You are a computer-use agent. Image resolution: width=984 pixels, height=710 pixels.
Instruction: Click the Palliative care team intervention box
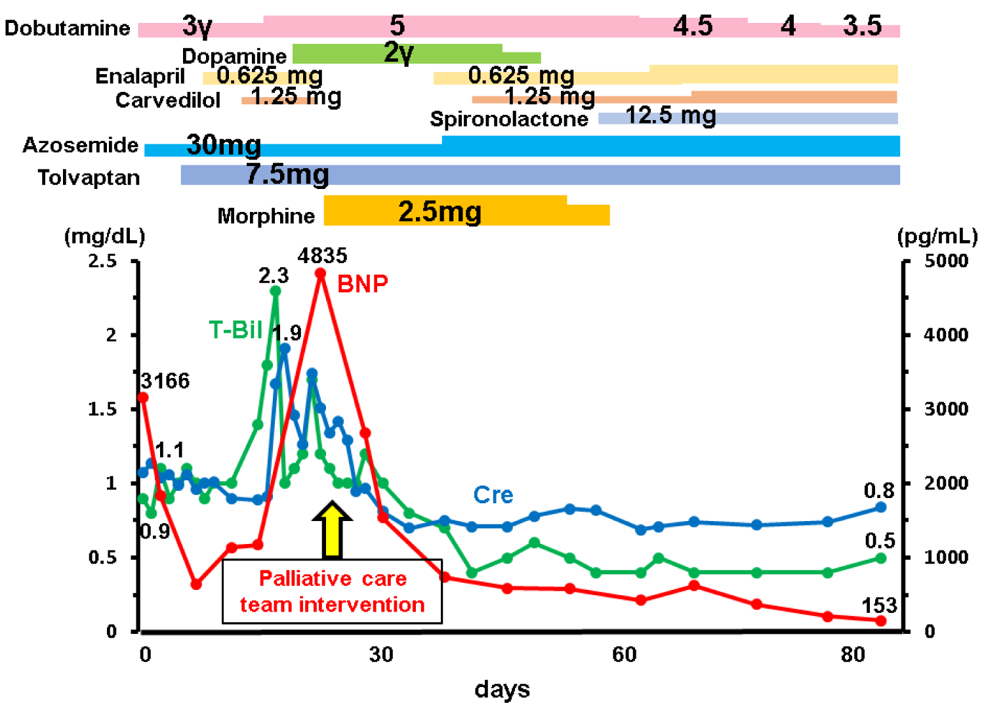[332, 591]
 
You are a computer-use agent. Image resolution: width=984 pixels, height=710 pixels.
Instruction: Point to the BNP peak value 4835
[322, 255]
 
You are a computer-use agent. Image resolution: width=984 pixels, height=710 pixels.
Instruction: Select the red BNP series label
[363, 283]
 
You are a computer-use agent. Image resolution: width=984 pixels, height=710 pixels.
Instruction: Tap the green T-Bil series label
[235, 329]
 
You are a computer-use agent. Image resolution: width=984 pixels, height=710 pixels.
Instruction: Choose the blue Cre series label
[493, 495]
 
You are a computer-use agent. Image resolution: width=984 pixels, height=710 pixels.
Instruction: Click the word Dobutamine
[67, 28]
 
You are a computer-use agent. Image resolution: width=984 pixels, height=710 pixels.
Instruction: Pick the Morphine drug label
[266, 216]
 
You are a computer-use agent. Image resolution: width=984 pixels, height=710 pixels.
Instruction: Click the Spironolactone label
[509, 119]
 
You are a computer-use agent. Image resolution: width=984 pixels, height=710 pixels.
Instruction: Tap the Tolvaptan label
[89, 177]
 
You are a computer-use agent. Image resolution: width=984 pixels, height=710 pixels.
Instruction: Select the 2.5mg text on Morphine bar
[440, 211]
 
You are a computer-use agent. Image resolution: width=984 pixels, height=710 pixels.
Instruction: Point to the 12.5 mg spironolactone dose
[670, 115]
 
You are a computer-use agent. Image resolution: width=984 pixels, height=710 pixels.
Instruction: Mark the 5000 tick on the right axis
[946, 261]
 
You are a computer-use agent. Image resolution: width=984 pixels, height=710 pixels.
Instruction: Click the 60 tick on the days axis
[624, 654]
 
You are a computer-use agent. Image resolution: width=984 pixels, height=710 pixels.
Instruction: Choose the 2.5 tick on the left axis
[102, 261]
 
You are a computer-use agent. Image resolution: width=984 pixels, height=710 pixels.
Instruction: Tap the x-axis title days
[502, 689]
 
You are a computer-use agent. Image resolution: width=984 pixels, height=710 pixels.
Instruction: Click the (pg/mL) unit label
[937, 236]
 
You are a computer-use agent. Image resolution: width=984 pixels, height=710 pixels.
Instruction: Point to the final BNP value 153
[879, 605]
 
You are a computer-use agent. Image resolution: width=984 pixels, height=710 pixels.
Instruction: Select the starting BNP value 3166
[165, 381]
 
